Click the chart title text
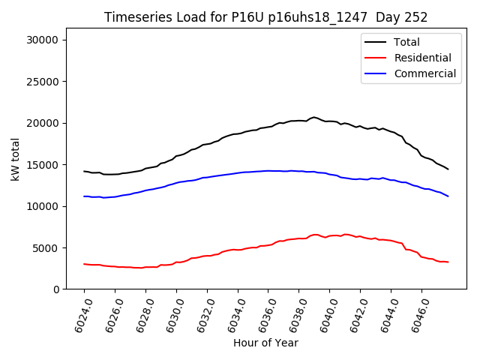coord(271,17)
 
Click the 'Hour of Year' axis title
coord(265,343)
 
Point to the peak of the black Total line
coord(314,117)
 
